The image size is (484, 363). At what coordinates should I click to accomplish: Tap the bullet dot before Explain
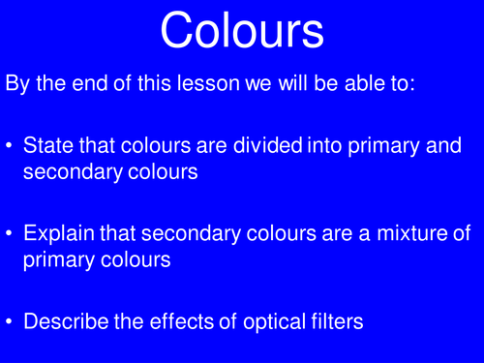pos(11,235)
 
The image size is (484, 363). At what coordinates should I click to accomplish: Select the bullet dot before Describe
pos(11,322)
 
